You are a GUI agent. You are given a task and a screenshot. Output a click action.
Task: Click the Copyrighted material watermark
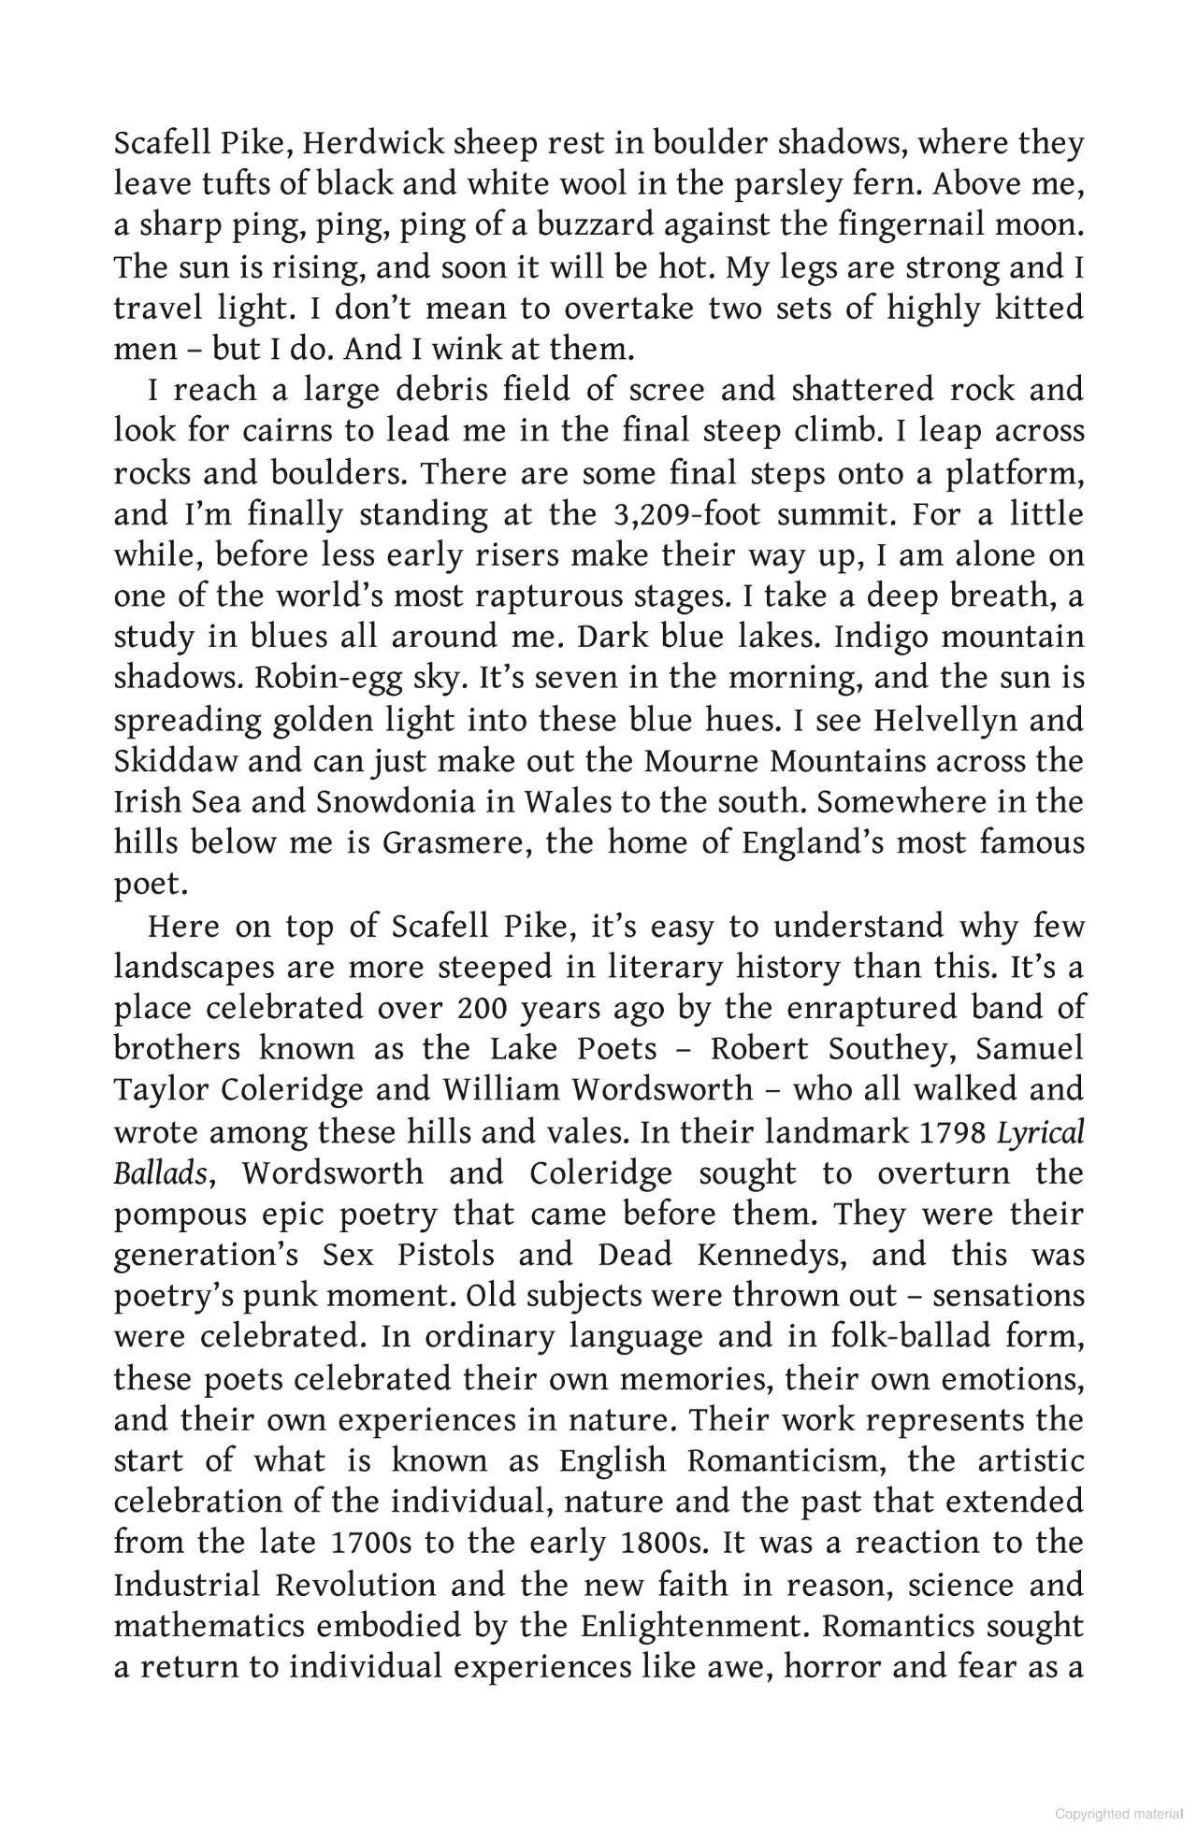[1118, 1814]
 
